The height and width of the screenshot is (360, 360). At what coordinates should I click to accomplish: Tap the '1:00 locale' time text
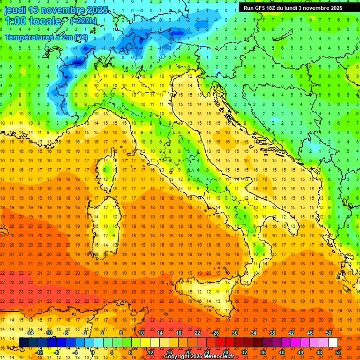click(33, 21)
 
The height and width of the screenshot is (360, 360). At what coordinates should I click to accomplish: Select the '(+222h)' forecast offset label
click(83, 21)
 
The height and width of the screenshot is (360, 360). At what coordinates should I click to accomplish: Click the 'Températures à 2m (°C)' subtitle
click(46, 37)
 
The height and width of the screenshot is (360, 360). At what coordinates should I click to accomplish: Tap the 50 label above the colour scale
click(328, 333)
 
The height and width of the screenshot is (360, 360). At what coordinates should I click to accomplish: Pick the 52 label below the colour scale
click(338, 352)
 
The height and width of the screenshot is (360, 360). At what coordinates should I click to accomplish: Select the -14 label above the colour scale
click(29, 333)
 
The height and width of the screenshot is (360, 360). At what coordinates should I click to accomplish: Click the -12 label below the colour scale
click(39, 352)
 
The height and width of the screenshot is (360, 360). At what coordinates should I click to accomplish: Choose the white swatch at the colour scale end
click(333, 342)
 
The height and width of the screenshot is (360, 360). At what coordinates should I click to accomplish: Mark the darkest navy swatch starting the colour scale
click(23, 342)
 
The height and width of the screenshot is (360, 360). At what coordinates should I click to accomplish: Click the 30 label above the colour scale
click(234, 333)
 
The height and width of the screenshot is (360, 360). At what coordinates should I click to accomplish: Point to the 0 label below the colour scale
click(92, 352)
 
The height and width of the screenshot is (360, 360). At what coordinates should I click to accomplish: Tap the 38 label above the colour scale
click(272, 333)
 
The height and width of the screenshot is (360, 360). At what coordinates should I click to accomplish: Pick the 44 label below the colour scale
click(300, 352)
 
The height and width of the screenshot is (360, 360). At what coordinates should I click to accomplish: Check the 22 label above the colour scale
click(197, 333)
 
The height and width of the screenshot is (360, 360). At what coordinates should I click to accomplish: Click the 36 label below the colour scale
click(263, 352)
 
